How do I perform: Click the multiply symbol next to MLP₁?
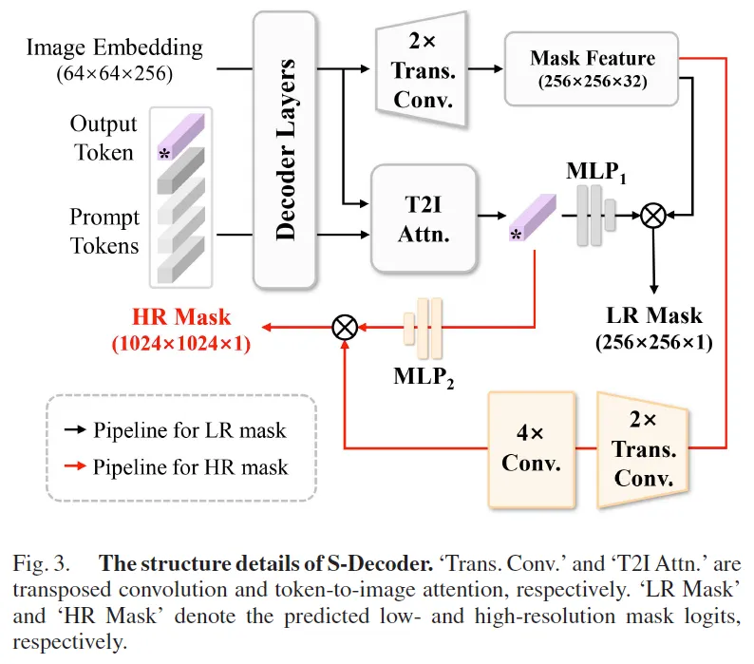click(653, 216)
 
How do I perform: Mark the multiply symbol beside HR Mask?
click(344, 328)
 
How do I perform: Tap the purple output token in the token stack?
click(178, 138)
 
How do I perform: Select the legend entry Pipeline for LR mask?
click(189, 430)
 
